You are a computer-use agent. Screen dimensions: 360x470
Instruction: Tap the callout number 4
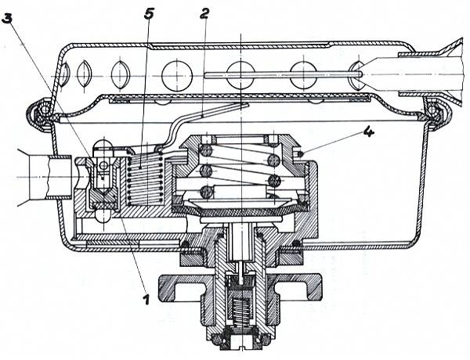(x=367, y=131)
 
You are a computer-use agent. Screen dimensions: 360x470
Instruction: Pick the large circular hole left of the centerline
(x=177, y=75)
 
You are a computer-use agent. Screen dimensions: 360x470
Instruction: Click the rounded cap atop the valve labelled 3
(x=102, y=146)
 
